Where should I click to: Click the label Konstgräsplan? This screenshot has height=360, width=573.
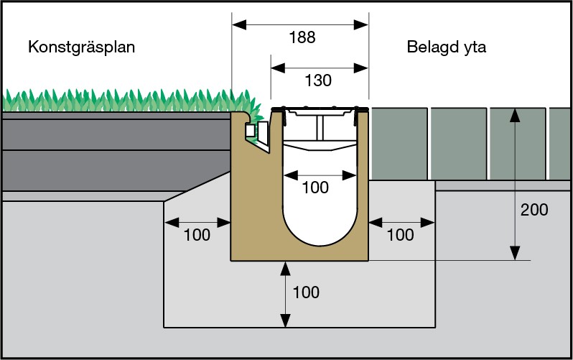tap(82, 47)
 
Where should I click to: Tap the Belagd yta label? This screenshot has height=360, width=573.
tap(447, 47)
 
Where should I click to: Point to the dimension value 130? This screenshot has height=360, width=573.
tap(318, 80)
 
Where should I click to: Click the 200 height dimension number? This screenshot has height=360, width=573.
tap(534, 211)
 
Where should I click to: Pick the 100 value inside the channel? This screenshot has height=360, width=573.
tap(315, 188)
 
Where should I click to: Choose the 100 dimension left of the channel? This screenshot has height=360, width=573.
tap(197, 235)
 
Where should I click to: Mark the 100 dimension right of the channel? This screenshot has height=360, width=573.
tap(400, 235)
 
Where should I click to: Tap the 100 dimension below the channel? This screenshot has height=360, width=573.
tap(306, 292)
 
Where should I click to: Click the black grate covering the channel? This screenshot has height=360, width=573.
tap(320, 109)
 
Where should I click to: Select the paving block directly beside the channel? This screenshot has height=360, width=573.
tap(399, 143)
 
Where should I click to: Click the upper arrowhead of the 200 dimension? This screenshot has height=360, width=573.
tap(514, 114)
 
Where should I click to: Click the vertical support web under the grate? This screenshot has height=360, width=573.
tap(319, 129)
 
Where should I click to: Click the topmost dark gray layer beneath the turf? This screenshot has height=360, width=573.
tap(115, 131)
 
